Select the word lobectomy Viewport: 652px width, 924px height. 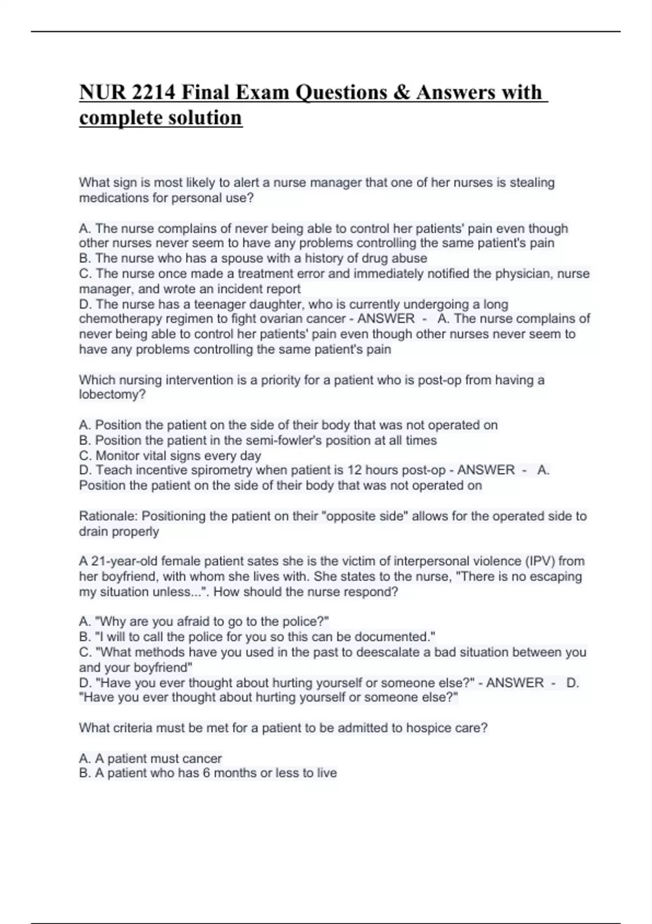[x=110, y=395]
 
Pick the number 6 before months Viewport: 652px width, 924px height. [x=206, y=773]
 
